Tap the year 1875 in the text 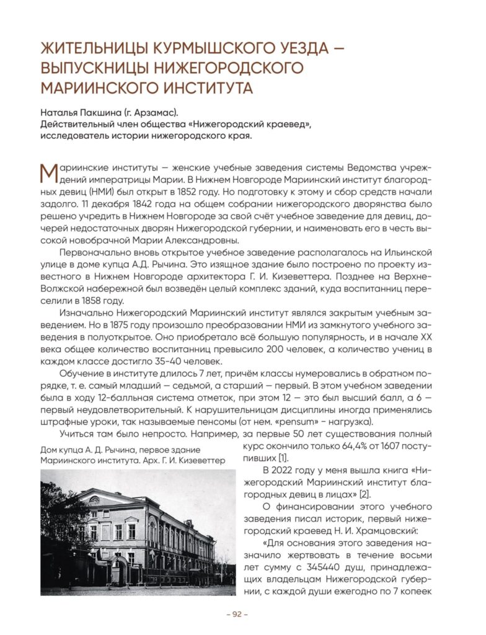click(x=136, y=324)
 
